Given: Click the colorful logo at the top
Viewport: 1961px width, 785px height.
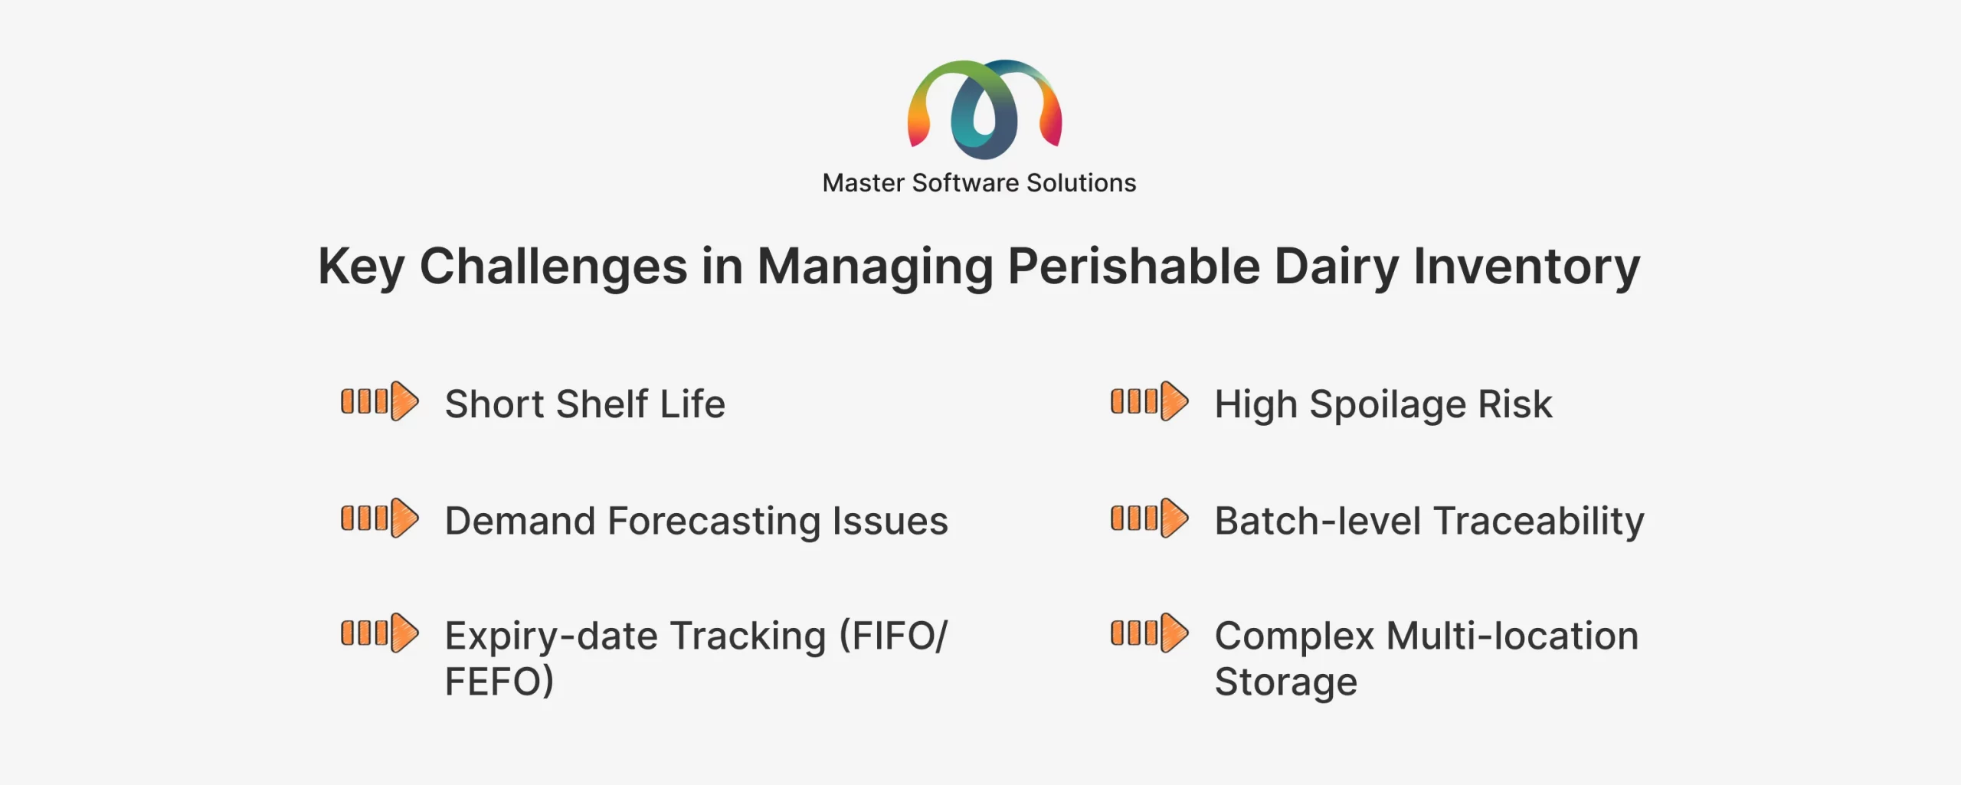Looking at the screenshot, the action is (x=984, y=109).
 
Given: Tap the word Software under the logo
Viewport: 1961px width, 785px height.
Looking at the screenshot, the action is (x=965, y=183).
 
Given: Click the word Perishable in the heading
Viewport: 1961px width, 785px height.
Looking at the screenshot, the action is (x=1134, y=267).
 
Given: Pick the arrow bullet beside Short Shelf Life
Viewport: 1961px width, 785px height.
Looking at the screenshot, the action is (x=380, y=401).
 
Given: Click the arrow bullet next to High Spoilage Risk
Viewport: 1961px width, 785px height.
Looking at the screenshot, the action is (x=1150, y=401).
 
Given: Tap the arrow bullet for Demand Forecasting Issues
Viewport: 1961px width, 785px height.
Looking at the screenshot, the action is (x=380, y=518).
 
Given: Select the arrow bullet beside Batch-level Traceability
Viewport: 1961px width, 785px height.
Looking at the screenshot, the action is (x=1150, y=518).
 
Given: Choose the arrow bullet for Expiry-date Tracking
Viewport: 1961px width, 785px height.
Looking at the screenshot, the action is (x=380, y=633).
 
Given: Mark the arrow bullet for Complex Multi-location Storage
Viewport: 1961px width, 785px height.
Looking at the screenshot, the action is (x=1150, y=633).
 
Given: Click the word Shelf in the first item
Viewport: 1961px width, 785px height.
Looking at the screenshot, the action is (x=602, y=404).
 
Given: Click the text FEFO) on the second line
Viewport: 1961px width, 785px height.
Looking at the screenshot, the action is (x=499, y=682).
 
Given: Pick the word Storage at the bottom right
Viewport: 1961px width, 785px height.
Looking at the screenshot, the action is (x=1286, y=682).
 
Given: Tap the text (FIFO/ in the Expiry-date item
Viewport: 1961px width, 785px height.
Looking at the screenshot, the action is (x=894, y=636).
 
